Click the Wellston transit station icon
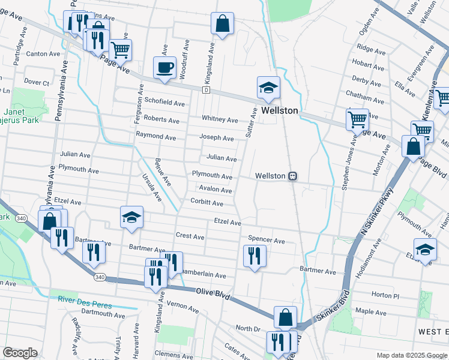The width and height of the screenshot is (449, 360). tap(294, 176)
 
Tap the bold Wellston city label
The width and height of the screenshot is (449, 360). tap(276, 111)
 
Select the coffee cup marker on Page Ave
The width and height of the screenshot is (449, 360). tap(164, 68)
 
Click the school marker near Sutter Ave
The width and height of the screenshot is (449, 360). tap(268, 88)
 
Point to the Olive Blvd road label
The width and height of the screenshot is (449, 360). tap(213, 292)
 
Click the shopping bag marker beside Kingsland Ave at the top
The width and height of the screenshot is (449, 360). tap(222, 25)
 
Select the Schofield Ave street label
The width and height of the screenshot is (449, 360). tap(161, 101)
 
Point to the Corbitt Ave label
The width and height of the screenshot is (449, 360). tap(207, 203)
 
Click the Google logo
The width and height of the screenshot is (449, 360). tap(20, 352)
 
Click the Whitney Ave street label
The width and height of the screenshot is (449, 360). tap(220, 119)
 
